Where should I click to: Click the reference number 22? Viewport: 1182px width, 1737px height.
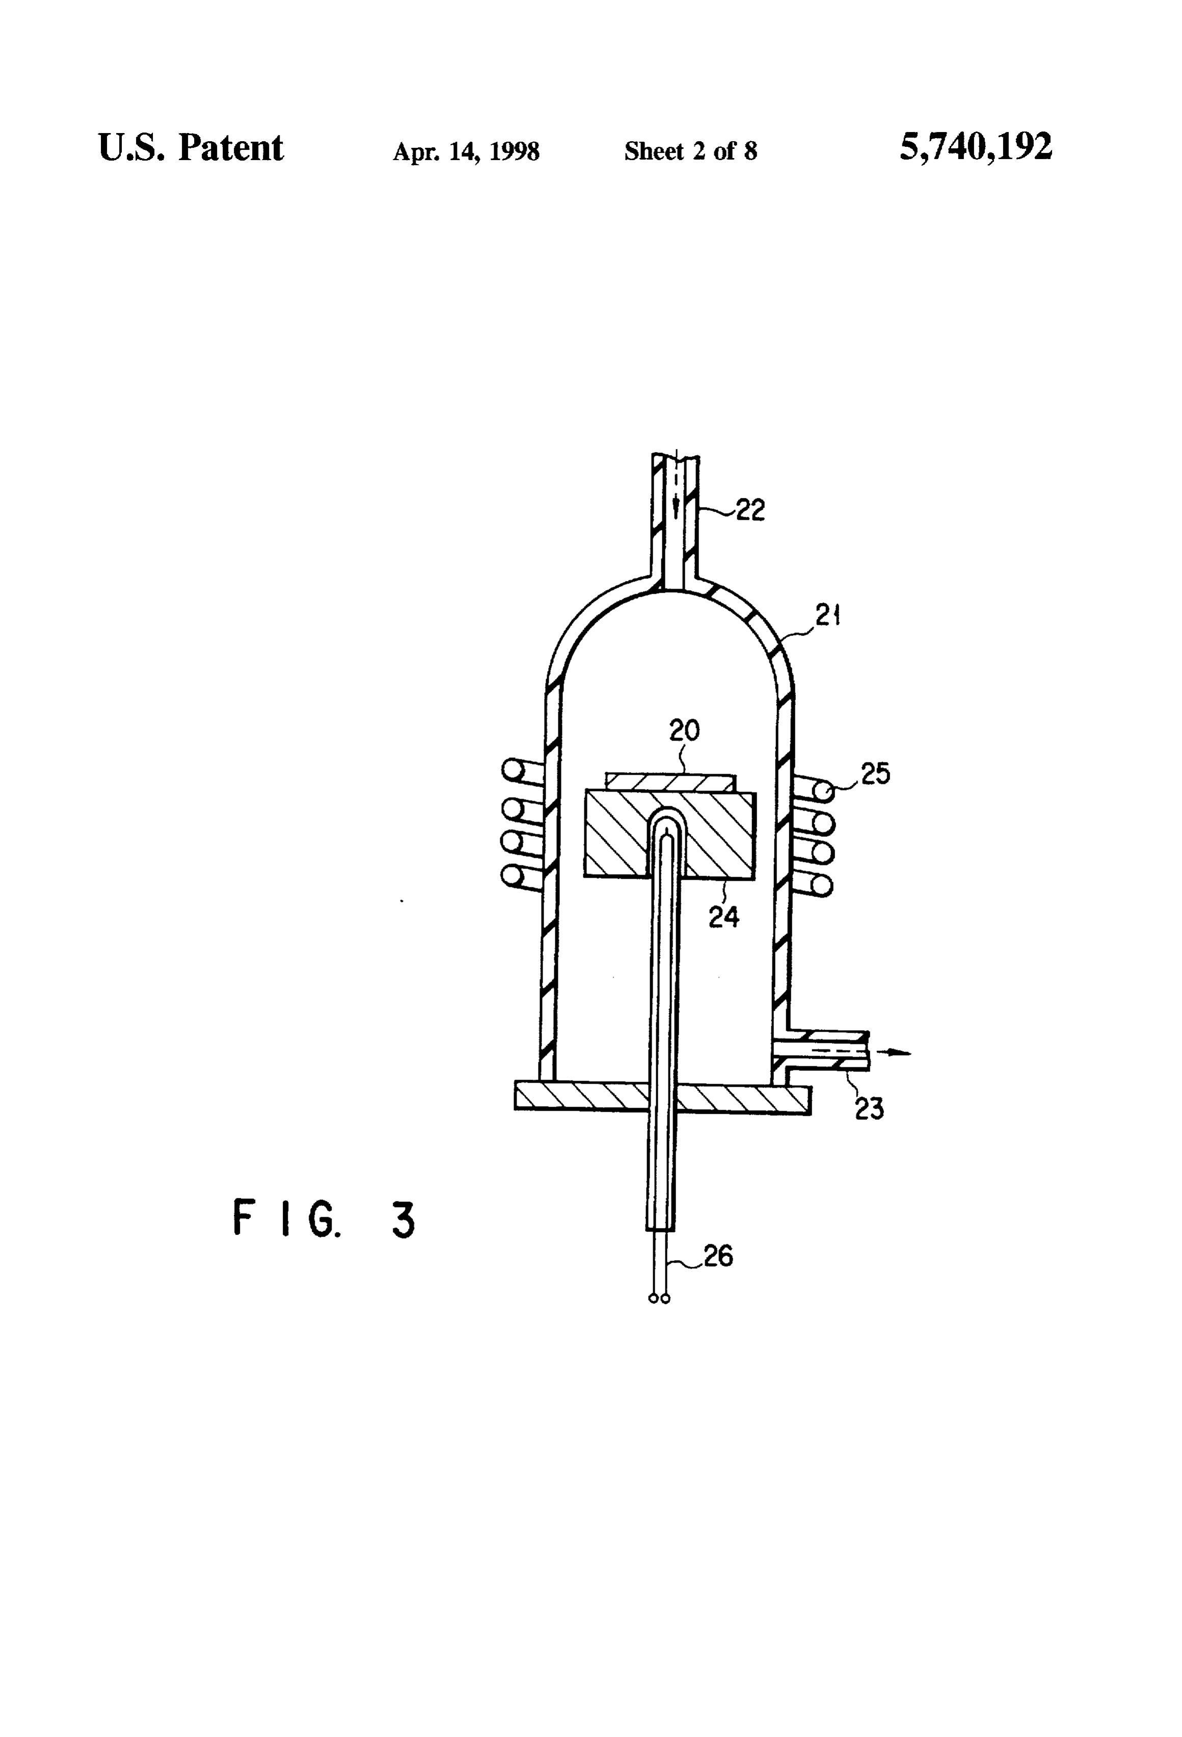tap(750, 511)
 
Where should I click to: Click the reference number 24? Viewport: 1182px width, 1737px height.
tap(723, 916)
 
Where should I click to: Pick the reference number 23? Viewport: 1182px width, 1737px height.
tap(869, 1109)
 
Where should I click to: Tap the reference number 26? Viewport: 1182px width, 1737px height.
tap(718, 1256)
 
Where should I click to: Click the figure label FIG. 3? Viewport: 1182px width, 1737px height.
tap(324, 1219)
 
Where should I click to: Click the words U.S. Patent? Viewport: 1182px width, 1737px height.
tap(191, 147)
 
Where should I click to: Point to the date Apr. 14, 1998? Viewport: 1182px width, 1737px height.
tap(466, 152)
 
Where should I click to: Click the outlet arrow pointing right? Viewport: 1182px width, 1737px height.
tap(894, 1052)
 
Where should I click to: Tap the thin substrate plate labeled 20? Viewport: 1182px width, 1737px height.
tap(669, 782)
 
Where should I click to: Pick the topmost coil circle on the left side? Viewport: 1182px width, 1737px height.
tap(512, 770)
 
